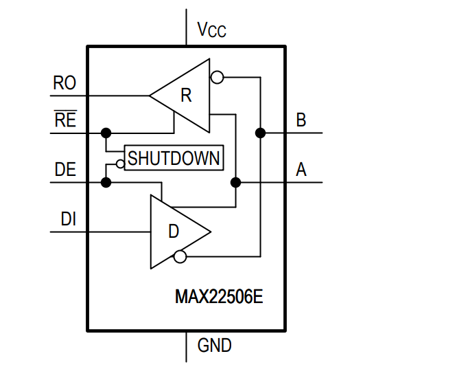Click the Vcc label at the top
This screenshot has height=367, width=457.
pyautogui.click(x=211, y=30)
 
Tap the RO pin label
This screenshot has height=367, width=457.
pyautogui.click(x=65, y=84)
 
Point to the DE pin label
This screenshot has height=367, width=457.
pyautogui.click(x=65, y=169)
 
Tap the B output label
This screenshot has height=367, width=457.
pyautogui.click(x=301, y=120)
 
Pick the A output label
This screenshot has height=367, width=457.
pyautogui.click(x=301, y=170)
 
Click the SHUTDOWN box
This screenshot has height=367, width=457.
pyautogui.click(x=174, y=158)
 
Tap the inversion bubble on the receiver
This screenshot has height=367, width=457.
pyautogui.click(x=217, y=77)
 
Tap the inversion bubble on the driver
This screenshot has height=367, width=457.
pyautogui.click(x=180, y=257)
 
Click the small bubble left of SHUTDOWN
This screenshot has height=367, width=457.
pyautogui.click(x=119, y=164)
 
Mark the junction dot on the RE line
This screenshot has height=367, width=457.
pyautogui.click(x=106, y=132)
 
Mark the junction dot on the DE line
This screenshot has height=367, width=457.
pyautogui.click(x=106, y=182)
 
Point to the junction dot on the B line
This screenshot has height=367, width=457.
pyautogui.click(x=260, y=132)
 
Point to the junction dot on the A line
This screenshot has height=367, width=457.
pyautogui.click(x=235, y=182)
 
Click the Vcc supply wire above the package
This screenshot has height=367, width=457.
pyautogui.click(x=186, y=27)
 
